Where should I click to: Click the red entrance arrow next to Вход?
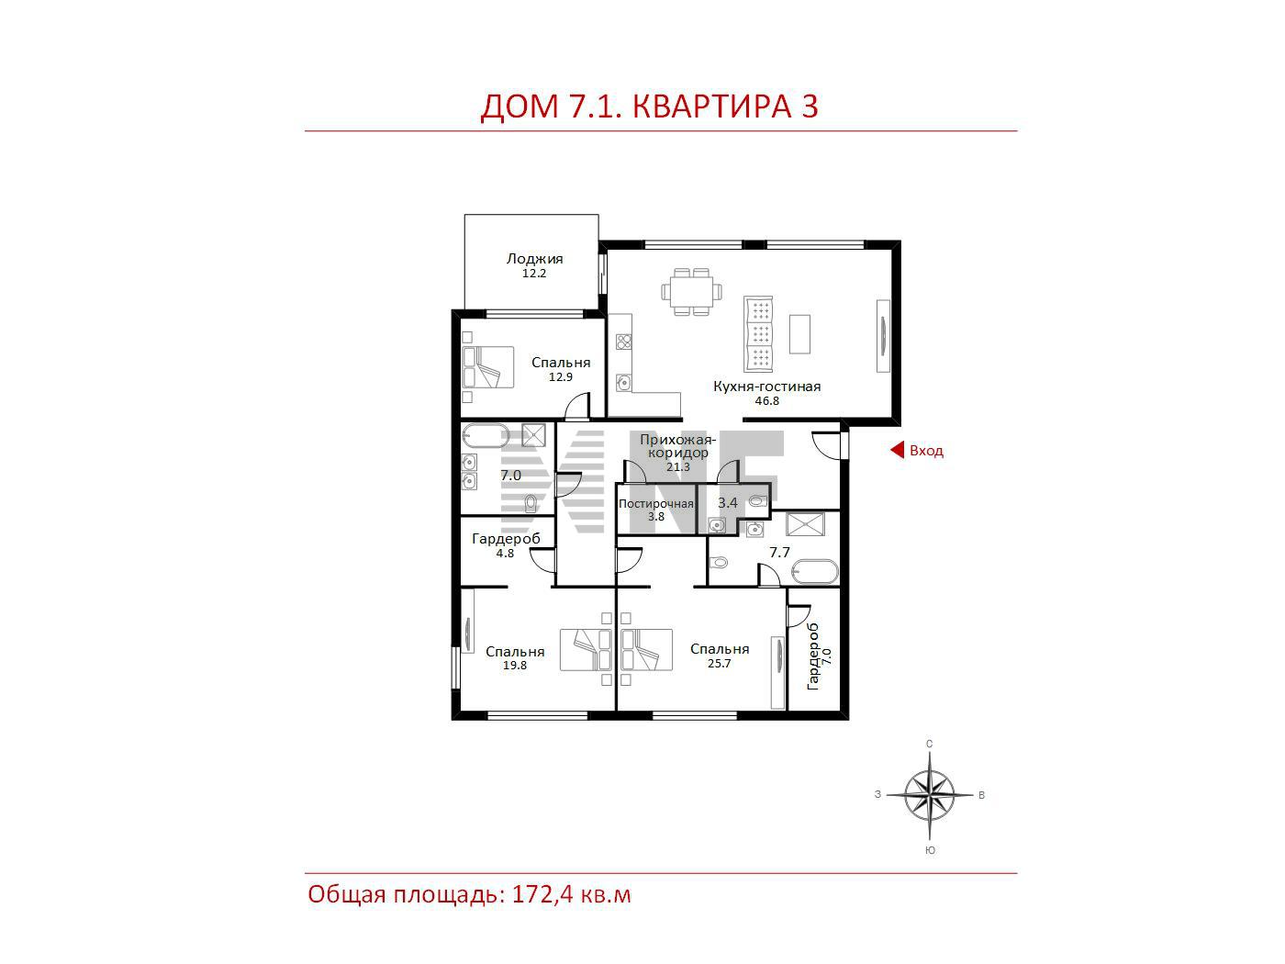(x=897, y=450)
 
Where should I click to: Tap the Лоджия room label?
(x=534, y=258)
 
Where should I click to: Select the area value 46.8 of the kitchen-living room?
(x=766, y=401)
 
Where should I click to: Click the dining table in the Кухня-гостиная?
(x=691, y=291)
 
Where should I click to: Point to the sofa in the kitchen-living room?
(x=758, y=333)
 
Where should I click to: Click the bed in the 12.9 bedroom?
(x=487, y=367)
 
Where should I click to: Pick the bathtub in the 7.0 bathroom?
(x=486, y=435)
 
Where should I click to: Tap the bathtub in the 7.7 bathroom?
(x=814, y=572)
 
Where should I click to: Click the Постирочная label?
(x=655, y=503)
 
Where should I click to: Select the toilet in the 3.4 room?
(x=757, y=501)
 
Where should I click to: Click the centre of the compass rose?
(x=929, y=795)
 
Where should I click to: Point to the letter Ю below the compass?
(x=930, y=850)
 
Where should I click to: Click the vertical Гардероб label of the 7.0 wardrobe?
(x=813, y=656)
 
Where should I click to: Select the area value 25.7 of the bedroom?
(x=719, y=663)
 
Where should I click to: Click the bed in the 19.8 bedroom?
(x=586, y=650)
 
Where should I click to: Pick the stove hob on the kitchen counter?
(x=623, y=341)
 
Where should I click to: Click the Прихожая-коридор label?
(x=677, y=445)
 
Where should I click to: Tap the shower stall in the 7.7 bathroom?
(x=806, y=524)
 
